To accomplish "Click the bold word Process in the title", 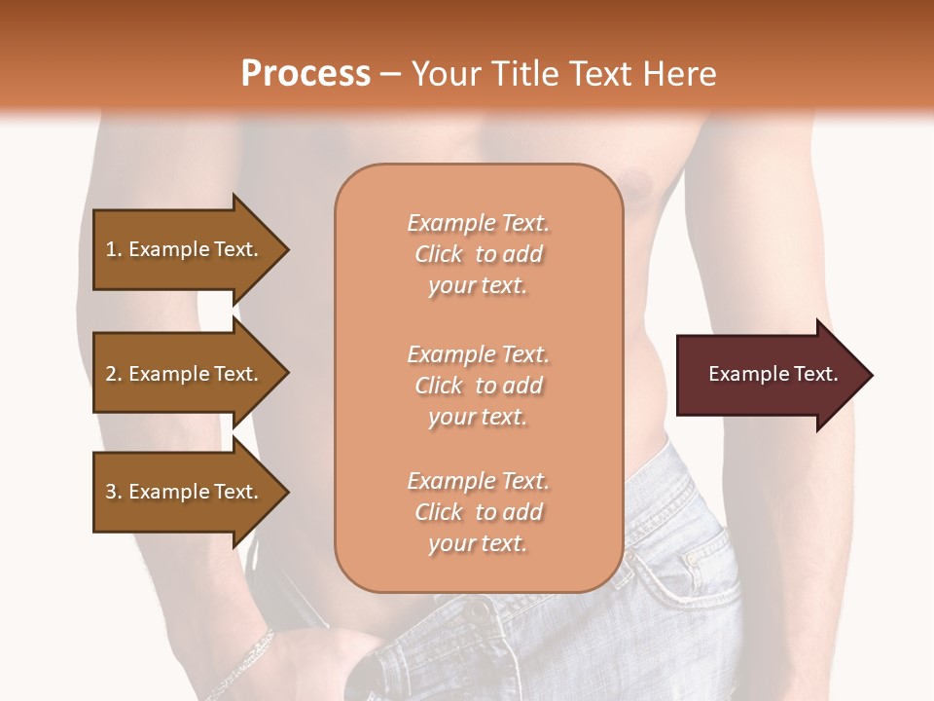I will click(x=305, y=74).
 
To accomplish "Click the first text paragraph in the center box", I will click(x=478, y=254).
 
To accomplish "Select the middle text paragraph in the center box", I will click(x=478, y=386).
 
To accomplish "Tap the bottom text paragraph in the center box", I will click(x=478, y=512).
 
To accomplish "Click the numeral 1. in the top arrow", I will click(x=114, y=249).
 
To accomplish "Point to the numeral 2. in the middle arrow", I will click(x=114, y=374).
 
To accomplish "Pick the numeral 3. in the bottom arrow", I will click(x=114, y=492).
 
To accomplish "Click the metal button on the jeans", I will click(x=478, y=611).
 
